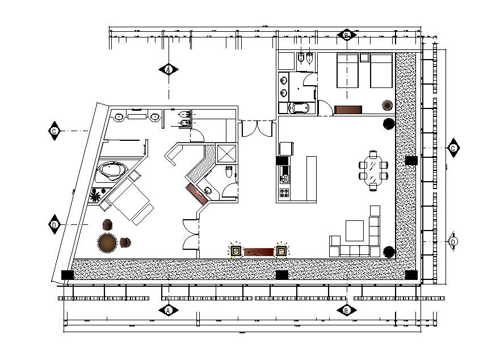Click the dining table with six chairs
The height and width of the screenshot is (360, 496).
373,170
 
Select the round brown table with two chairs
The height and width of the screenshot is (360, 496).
108,242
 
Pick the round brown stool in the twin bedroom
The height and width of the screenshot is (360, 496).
387,105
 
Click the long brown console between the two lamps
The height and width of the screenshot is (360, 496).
258,250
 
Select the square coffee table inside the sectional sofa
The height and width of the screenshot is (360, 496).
355,230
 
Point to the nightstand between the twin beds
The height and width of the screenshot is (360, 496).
364,57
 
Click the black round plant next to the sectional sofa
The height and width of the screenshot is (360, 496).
389,251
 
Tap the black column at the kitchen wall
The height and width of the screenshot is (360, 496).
282,161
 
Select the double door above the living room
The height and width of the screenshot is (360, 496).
258,129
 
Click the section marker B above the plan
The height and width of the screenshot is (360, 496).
346,35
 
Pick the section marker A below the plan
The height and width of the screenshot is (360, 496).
168,310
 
